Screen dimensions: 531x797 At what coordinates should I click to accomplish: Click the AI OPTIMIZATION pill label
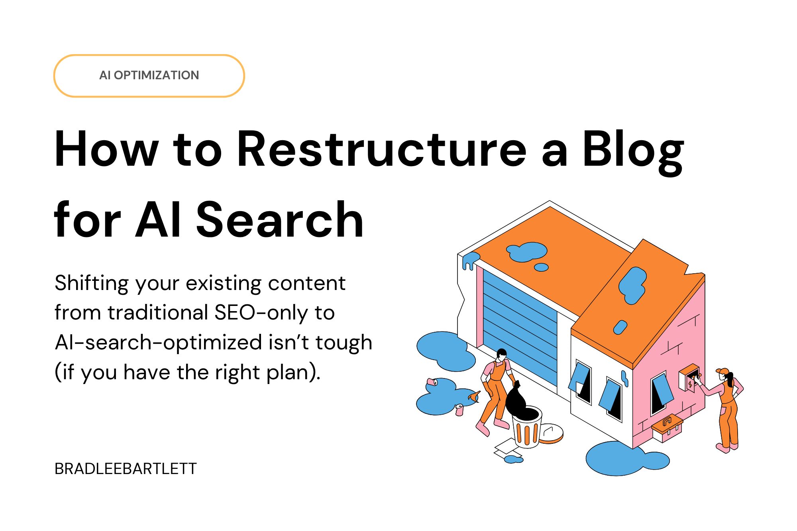[149, 75]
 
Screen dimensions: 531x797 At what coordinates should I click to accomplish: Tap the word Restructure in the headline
[381, 149]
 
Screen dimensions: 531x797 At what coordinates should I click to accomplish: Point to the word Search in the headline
[279, 220]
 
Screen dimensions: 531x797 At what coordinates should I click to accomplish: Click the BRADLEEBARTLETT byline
[126, 469]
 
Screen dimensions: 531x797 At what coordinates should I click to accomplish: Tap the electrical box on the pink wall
[689, 377]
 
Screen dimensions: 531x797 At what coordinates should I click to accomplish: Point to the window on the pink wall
[662, 392]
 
